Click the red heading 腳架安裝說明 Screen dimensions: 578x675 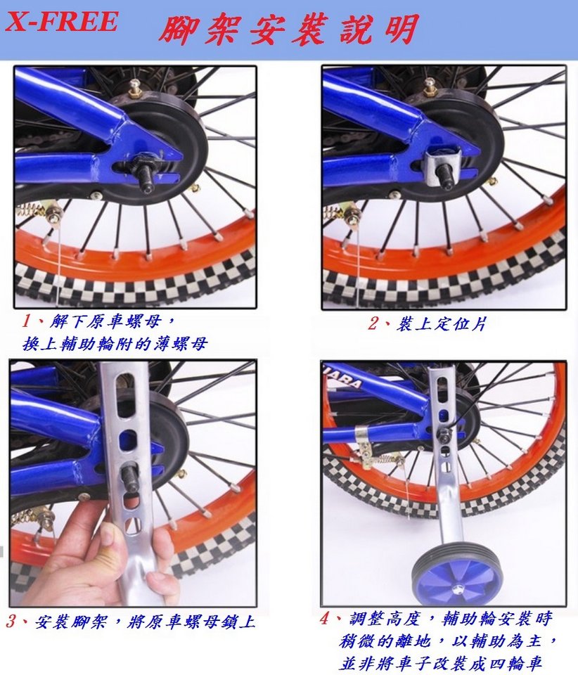pyautogui.click(x=289, y=28)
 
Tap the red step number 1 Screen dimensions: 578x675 pyautogui.click(x=27, y=321)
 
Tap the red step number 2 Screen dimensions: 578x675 pyautogui.click(x=373, y=323)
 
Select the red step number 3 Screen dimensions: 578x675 pyautogui.click(x=11, y=621)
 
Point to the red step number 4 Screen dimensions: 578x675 pyautogui.click(x=324, y=619)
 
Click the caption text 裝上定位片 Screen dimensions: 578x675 pyautogui.click(x=441, y=323)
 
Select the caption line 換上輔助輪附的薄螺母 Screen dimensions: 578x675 pyautogui.click(x=115, y=344)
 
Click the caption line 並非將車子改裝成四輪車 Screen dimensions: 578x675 pyautogui.click(x=440, y=662)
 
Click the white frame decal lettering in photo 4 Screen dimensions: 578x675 pyautogui.click(x=345, y=378)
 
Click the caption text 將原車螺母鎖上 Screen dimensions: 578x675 pyautogui.click(x=191, y=622)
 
